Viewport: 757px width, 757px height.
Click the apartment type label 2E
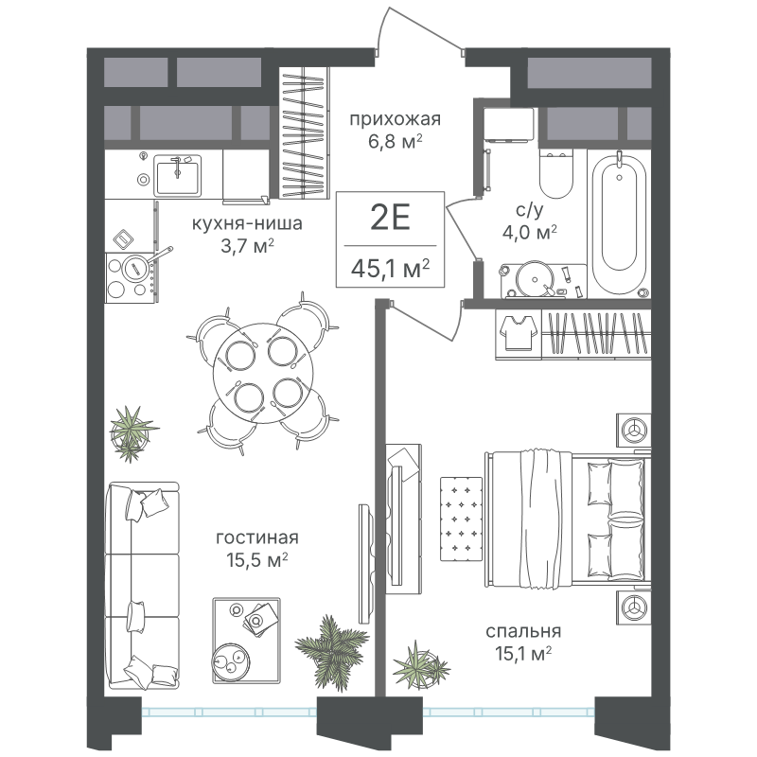click(390, 218)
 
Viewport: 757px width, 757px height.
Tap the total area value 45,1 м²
click(390, 269)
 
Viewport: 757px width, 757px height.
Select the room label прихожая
click(396, 119)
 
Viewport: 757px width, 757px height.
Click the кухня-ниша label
click(247, 223)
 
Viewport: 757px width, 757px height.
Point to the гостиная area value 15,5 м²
click(256, 560)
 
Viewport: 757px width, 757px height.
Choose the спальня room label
click(523, 631)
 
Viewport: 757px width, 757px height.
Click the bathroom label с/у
click(530, 210)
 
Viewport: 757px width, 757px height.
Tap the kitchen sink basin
click(177, 176)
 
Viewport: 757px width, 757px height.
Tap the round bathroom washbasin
click(534, 279)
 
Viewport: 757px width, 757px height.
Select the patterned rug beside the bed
click(461, 519)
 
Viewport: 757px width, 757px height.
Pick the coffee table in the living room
click(246, 641)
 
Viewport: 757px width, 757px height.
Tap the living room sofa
click(142, 585)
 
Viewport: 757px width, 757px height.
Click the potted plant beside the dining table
click(132, 433)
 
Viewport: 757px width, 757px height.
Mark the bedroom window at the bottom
click(509, 712)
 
